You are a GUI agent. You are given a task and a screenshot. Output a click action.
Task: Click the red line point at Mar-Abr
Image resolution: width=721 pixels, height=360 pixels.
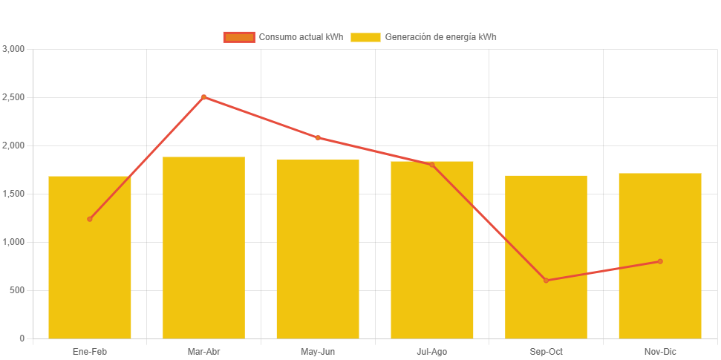click(203, 97)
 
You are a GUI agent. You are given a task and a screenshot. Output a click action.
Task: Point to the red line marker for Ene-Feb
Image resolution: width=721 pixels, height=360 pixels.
click(90, 219)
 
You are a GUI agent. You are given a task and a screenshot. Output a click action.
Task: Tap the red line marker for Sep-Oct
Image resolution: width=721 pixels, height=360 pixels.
click(546, 281)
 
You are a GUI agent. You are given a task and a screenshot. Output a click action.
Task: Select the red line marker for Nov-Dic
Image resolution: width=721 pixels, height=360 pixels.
click(659, 261)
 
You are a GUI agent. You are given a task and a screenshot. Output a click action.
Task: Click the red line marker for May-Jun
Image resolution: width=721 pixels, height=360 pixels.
click(318, 137)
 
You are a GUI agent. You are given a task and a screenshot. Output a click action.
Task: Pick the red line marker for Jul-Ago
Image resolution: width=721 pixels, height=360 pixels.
click(431, 165)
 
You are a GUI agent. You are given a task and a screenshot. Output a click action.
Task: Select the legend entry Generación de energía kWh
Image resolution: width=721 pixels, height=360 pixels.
click(424, 37)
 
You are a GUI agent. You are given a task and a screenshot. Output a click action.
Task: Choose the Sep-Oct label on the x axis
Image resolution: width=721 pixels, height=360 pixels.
click(546, 351)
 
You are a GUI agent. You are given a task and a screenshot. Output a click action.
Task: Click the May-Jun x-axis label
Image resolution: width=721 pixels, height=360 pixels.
click(318, 351)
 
